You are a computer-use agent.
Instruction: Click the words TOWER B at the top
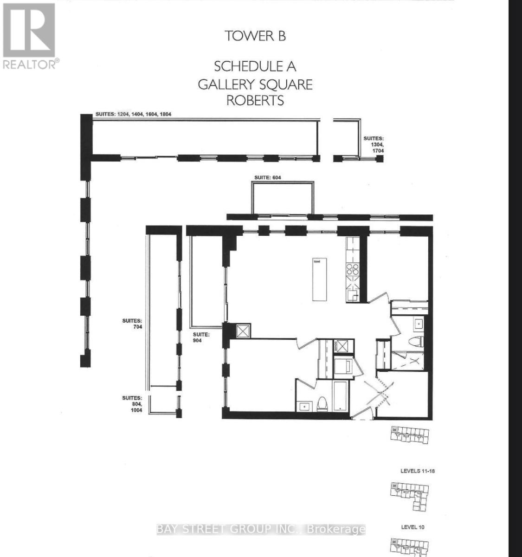pyautogui.click(x=255, y=36)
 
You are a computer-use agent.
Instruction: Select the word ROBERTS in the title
pyautogui.click(x=255, y=100)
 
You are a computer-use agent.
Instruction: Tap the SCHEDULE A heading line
pyautogui.click(x=255, y=66)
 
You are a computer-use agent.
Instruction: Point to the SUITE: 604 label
pyautogui.click(x=268, y=177)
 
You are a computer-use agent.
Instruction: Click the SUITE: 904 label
pyautogui.click(x=202, y=337)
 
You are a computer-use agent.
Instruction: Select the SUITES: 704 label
pyautogui.click(x=132, y=324)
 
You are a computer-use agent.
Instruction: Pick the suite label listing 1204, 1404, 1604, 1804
pyautogui.click(x=134, y=114)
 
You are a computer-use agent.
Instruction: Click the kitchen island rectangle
pyautogui.click(x=318, y=280)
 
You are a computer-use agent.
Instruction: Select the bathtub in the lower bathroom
pyautogui.click(x=340, y=396)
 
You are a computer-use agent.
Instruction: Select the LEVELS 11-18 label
pyautogui.click(x=418, y=471)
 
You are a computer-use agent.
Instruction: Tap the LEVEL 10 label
pyautogui.click(x=412, y=527)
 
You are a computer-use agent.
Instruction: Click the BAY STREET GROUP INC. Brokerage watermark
pyautogui.click(x=261, y=529)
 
